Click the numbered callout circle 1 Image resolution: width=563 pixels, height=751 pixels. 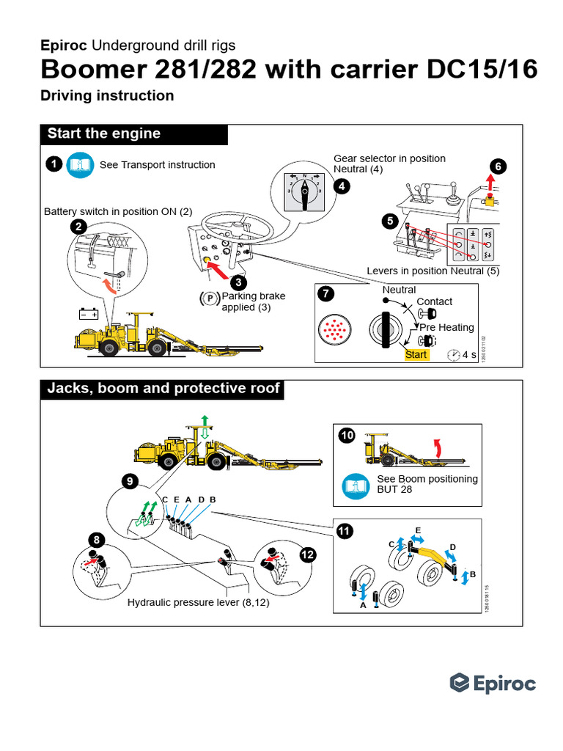(53, 164)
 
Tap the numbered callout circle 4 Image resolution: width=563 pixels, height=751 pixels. (341, 186)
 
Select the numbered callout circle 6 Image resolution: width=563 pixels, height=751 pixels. (498, 166)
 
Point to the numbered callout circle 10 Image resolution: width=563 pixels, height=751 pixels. (347, 436)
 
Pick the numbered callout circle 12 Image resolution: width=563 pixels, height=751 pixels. (307, 555)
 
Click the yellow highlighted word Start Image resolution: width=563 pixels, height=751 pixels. (416, 354)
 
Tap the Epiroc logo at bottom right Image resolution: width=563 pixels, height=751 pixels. (493, 684)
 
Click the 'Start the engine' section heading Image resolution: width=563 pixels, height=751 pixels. (103, 133)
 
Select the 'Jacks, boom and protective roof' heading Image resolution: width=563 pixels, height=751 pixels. (163, 388)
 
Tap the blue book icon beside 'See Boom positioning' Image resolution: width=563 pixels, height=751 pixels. (356, 484)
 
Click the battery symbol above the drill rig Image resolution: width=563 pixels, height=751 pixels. (89, 315)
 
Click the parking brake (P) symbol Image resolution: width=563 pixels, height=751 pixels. (209, 298)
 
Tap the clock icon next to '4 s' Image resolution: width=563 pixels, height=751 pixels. (453, 355)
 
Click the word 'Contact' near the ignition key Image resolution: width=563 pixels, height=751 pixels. (434, 301)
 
